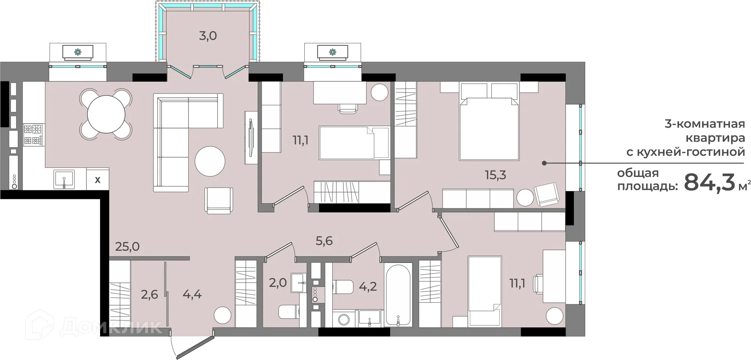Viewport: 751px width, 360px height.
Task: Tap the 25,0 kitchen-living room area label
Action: tap(128, 247)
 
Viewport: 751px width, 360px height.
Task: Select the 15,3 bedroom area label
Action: tap(496, 175)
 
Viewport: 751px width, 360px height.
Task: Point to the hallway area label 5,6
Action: tap(324, 241)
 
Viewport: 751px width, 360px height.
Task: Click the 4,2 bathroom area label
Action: tap(368, 286)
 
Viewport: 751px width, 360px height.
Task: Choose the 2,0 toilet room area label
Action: tap(278, 282)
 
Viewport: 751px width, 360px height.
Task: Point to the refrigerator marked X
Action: tap(98, 180)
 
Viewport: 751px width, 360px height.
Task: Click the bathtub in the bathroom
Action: tap(398, 295)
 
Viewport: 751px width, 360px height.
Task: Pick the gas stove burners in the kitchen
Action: tap(33, 135)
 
